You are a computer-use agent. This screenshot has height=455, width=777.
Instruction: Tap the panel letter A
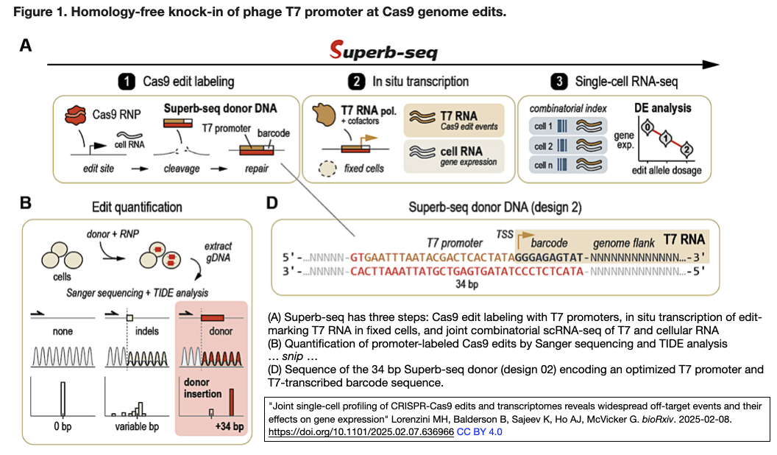26,46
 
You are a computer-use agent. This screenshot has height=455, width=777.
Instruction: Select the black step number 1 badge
126,81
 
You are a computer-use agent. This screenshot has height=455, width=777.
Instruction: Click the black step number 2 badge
356,81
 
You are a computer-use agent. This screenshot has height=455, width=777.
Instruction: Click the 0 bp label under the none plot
62,427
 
